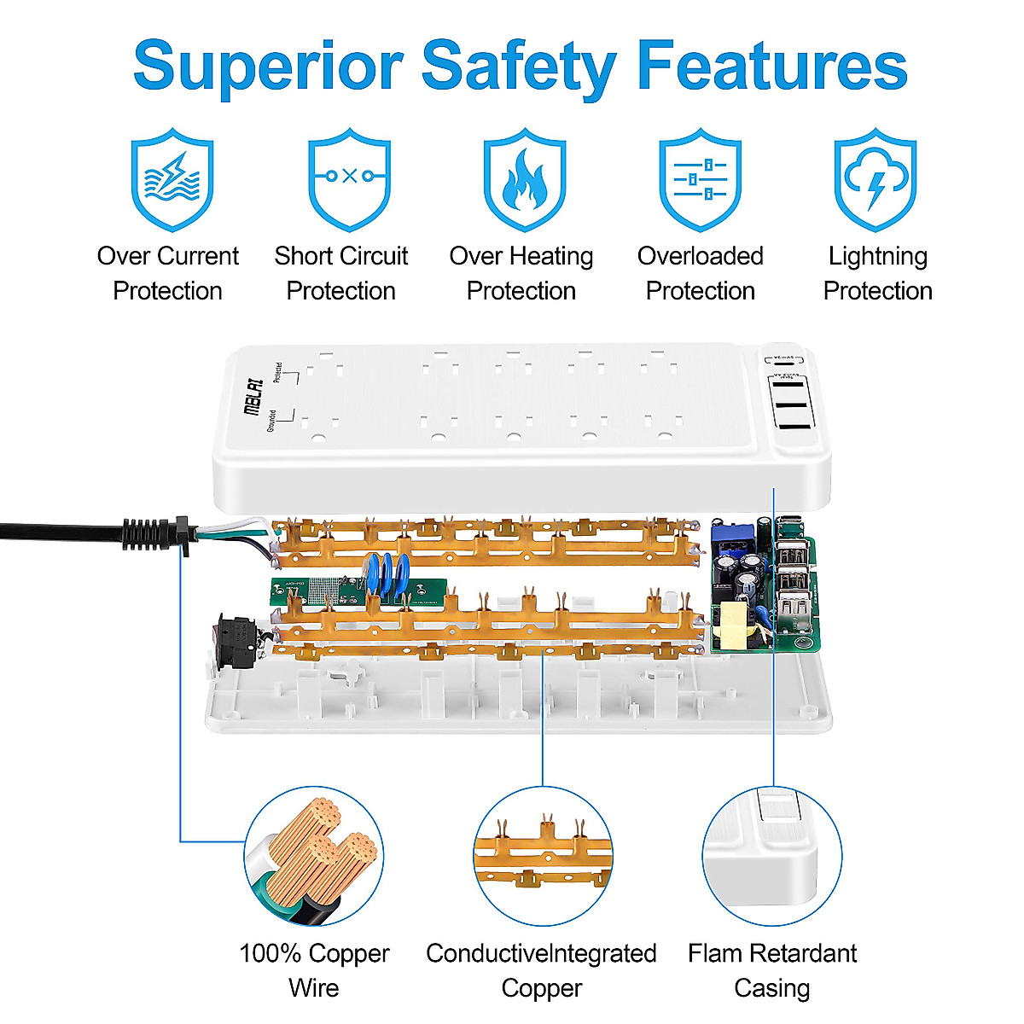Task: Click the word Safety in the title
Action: (518, 67)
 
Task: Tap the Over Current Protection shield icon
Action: (172, 179)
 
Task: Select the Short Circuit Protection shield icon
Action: (349, 179)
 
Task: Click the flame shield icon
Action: (524, 179)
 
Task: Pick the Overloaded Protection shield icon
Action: (700, 179)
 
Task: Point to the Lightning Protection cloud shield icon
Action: (876, 179)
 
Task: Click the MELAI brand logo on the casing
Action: (253, 397)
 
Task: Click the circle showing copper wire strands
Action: (313, 856)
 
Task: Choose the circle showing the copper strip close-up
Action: (543, 856)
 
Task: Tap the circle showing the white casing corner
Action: (772, 856)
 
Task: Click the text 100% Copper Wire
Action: (314, 970)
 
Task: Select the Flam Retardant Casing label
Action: (772, 970)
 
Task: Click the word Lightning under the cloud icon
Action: (877, 256)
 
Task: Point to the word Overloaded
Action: (700, 256)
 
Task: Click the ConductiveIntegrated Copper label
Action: (541, 970)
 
